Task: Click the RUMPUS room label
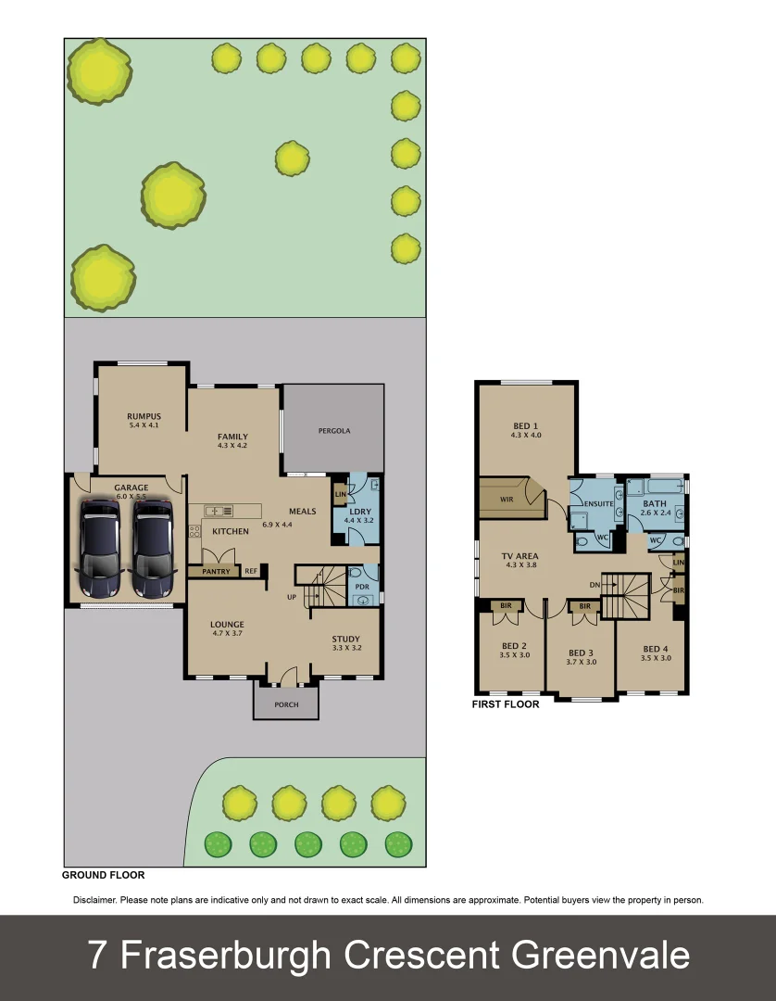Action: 144,416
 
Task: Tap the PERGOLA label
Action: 333,431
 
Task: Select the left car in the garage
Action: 100,548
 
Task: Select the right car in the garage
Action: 152,548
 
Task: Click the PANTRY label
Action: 208,572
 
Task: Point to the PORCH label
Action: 287,704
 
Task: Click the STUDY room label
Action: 346,639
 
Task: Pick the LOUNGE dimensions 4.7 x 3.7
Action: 227,634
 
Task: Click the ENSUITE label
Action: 597,503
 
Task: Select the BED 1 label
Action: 526,426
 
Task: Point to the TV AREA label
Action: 521,556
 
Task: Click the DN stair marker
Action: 595,585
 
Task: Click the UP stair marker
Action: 292,597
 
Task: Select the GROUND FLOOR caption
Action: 103,875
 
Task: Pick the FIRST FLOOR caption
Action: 506,704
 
